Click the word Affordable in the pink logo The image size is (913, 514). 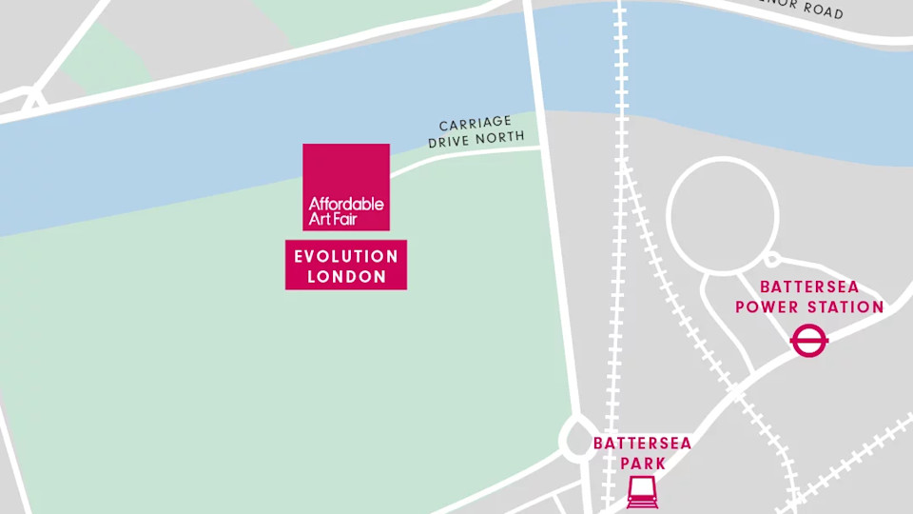(x=346, y=204)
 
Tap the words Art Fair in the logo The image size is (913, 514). (x=333, y=220)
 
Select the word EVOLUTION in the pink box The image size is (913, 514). (x=346, y=257)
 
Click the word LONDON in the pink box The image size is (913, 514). (x=346, y=277)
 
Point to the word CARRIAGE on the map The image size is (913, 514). (x=476, y=125)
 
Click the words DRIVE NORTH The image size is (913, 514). (x=476, y=139)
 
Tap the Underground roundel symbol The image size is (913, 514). (x=809, y=340)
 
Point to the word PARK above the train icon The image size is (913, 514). (x=642, y=463)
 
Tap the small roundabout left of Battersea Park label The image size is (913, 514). (x=577, y=437)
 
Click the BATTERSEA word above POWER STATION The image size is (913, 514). (x=809, y=287)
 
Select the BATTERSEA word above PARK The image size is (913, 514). (x=642, y=444)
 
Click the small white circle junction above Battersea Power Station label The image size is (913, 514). (x=772, y=259)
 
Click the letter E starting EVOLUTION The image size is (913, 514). (x=300, y=257)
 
